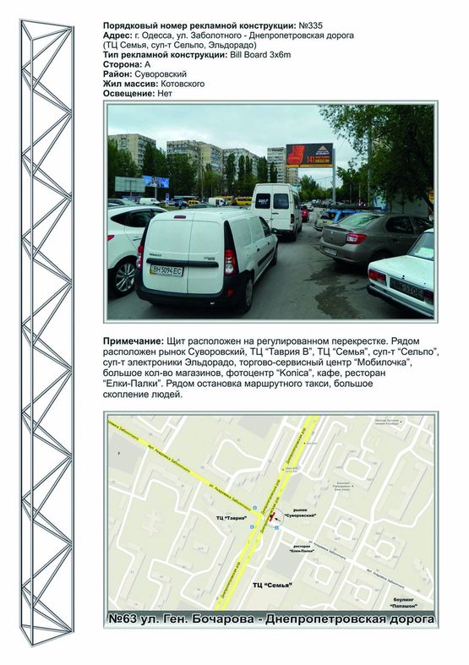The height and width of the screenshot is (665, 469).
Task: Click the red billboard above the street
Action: (309, 155)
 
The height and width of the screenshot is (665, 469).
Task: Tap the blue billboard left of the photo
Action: (155, 182)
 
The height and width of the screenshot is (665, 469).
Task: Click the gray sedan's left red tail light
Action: (356, 238)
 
